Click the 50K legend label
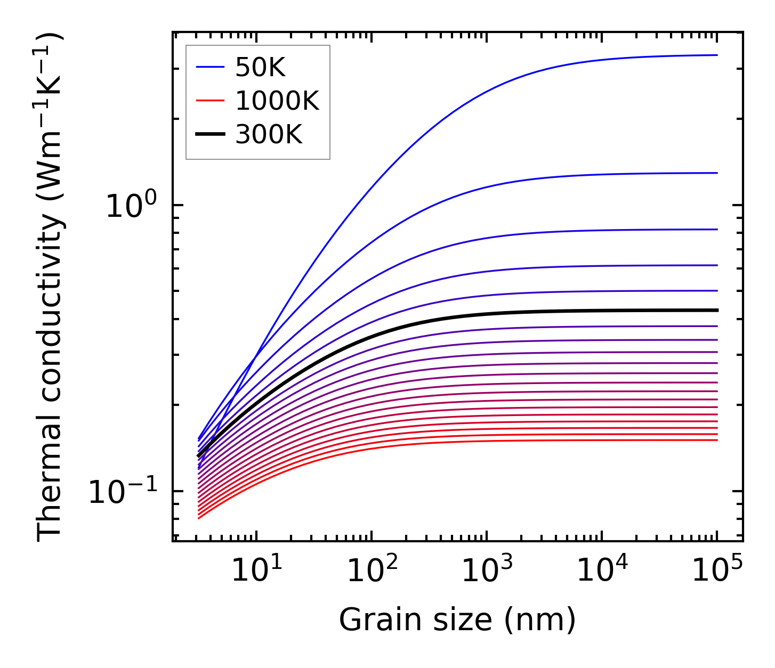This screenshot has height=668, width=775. [261, 68]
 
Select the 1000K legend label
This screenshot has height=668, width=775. [277, 101]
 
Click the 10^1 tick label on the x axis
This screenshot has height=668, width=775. [256, 570]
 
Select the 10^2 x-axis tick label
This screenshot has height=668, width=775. [372, 570]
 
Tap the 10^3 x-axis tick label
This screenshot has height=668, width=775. [487, 570]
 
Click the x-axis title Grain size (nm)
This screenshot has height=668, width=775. [457, 620]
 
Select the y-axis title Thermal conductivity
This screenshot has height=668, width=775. [51, 288]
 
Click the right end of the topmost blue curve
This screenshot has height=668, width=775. [716, 55]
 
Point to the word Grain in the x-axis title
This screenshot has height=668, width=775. [373, 620]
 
